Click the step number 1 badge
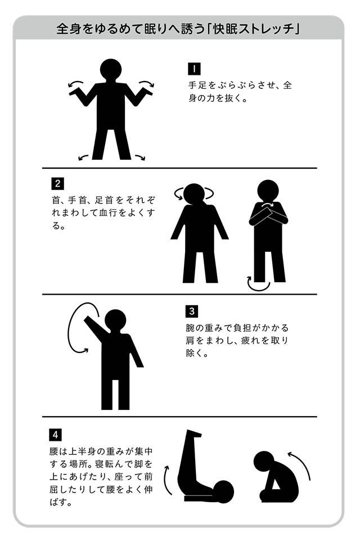(x=194, y=69)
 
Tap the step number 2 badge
(x=57, y=183)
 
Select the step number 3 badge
(x=192, y=311)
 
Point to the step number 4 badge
(x=55, y=435)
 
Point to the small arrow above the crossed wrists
(x=267, y=206)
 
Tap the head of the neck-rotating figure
(x=194, y=194)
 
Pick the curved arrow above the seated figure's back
(x=301, y=464)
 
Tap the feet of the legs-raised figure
(x=194, y=433)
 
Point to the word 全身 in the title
(x=69, y=29)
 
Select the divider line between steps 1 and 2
(x=179, y=168)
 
